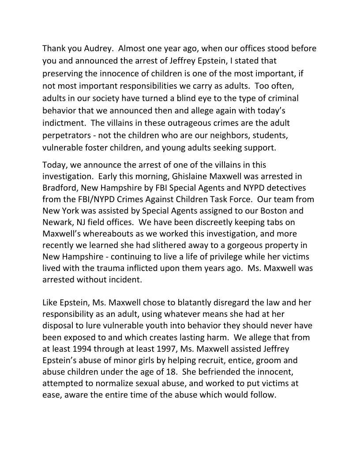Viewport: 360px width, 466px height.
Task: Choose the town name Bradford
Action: [x=62, y=188]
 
